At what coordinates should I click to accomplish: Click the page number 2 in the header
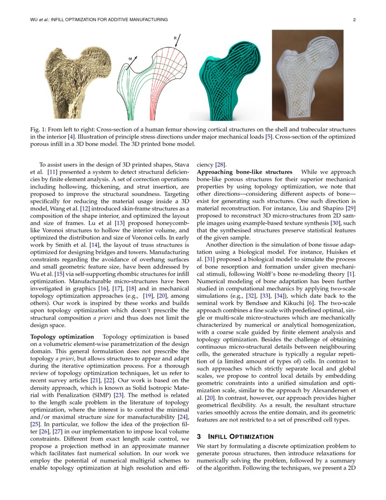[353, 20]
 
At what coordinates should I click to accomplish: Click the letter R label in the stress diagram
[176, 38]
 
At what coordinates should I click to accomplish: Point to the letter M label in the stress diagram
[130, 59]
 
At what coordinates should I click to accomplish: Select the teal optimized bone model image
[231, 78]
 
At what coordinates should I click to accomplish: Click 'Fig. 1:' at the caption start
[39, 130]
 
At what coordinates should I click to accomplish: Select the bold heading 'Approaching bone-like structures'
[244, 172]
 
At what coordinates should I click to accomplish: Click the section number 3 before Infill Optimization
[199, 436]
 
